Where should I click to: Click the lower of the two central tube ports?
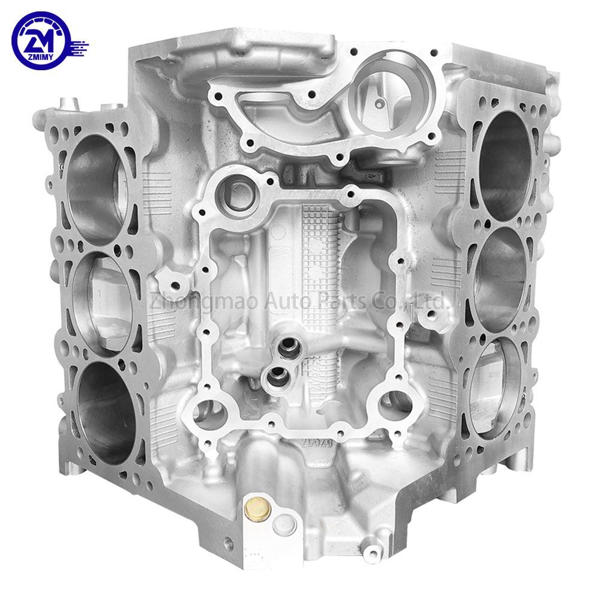pos(277,377)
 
